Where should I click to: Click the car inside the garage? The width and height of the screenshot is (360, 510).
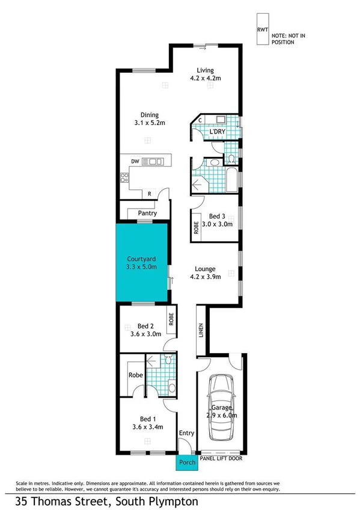pos(219,407)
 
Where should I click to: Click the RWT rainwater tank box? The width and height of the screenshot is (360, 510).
pos(263,29)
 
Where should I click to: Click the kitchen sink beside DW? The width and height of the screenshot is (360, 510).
pos(157,161)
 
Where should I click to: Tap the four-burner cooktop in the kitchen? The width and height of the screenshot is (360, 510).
pos(126,177)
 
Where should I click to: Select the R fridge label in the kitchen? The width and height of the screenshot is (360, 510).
pos(149,194)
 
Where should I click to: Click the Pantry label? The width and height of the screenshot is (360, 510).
pos(147,213)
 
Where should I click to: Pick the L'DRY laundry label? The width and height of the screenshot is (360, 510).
pos(217,132)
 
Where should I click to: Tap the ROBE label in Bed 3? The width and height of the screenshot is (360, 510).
pos(196,227)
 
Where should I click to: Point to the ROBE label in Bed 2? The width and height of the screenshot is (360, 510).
pos(171,319)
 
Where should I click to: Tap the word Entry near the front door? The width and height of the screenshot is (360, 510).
pos(186,432)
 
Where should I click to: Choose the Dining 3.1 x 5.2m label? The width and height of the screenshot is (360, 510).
pos(150,118)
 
